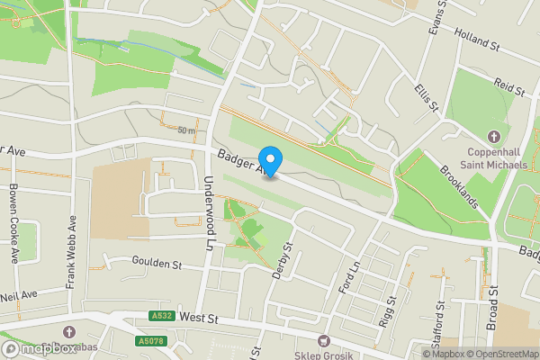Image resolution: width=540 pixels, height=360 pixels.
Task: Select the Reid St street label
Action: point(508,86)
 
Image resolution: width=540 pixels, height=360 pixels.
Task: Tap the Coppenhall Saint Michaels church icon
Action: point(493,137)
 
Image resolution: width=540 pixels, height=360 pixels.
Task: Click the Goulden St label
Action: point(157,265)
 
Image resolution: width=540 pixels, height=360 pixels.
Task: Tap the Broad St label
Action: point(493,308)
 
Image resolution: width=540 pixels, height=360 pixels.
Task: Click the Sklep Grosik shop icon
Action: point(323,340)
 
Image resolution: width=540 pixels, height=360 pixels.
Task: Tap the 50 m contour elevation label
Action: point(186,131)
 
